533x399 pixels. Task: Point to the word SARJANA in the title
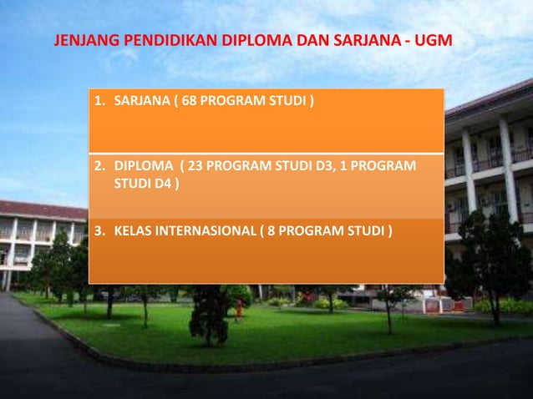point(368,41)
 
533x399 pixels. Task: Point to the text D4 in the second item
point(160,183)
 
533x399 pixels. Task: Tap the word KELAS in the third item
point(132,229)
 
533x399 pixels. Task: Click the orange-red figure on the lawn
point(240,309)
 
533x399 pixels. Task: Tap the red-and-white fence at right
point(439,306)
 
